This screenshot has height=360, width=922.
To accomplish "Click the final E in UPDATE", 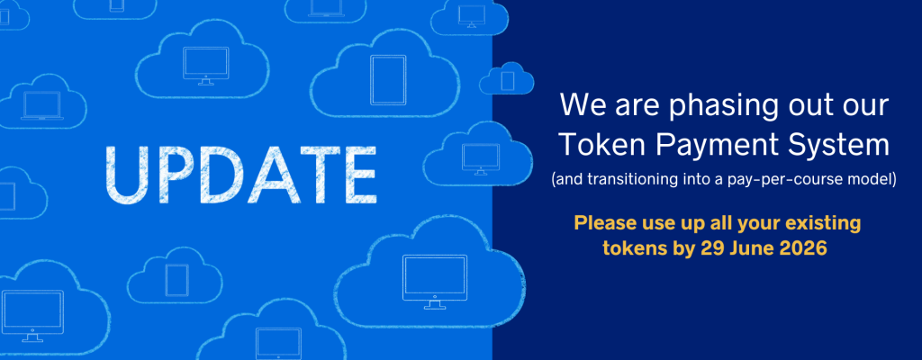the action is (x=358, y=174).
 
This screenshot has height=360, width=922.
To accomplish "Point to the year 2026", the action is (x=803, y=248).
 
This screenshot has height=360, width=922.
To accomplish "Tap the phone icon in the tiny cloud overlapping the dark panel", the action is (x=508, y=80).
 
